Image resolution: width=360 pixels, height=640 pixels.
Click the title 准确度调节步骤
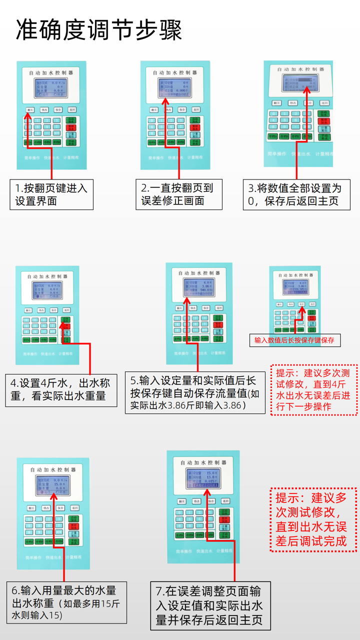point(98,30)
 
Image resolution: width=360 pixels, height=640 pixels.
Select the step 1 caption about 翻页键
point(51,194)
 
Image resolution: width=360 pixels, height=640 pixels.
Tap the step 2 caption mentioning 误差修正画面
point(178,194)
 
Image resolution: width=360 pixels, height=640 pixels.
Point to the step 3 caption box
point(296,194)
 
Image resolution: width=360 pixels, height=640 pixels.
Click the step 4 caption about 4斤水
point(60,389)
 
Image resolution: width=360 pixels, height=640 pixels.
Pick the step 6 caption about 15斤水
point(66,602)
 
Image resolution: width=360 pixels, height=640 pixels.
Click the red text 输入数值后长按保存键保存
point(295,340)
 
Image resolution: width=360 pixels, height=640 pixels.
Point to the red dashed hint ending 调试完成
point(313,519)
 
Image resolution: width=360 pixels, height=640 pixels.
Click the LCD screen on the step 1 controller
point(51,88)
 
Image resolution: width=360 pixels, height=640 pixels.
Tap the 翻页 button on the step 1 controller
point(30,109)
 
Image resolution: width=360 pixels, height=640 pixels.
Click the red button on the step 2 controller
point(194,127)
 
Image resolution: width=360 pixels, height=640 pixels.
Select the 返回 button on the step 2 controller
point(196,109)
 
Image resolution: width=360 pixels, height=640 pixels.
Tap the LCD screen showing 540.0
point(199,286)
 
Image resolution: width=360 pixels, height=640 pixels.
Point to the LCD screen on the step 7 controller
point(203,478)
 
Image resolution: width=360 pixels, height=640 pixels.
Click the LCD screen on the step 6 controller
point(52,485)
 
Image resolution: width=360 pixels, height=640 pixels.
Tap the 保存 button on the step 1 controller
point(58,109)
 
